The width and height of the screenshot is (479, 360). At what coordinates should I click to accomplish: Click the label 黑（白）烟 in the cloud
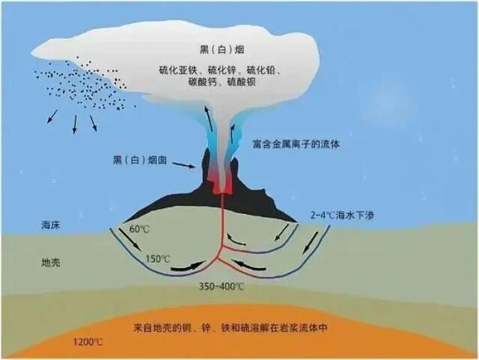[222, 50]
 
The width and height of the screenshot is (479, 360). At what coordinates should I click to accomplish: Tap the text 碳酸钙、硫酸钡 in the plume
[222, 81]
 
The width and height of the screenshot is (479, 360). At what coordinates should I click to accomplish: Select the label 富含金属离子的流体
[297, 144]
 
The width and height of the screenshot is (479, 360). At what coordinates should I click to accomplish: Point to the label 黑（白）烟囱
[140, 160]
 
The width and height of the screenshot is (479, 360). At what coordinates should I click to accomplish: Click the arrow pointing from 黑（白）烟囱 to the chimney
[183, 165]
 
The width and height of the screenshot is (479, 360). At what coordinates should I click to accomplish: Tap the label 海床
[50, 226]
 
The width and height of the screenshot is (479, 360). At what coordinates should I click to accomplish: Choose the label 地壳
[50, 263]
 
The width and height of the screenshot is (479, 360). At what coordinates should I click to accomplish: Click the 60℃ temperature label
[139, 229]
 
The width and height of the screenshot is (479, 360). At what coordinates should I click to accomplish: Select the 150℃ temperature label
[158, 259]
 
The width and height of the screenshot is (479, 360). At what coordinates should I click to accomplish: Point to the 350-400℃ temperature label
[221, 287]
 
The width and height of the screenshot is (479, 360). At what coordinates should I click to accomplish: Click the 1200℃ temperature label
[88, 342]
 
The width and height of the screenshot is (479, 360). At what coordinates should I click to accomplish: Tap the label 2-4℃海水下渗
[342, 216]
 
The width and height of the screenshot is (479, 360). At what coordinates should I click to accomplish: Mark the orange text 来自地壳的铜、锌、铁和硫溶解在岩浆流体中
[230, 328]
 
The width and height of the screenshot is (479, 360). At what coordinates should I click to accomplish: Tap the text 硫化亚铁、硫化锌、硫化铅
[220, 70]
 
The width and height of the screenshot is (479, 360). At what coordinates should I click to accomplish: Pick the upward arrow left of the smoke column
[209, 119]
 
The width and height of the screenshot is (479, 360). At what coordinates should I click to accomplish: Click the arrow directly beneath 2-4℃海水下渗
[311, 243]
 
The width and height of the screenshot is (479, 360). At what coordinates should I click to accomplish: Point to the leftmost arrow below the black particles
[52, 117]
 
